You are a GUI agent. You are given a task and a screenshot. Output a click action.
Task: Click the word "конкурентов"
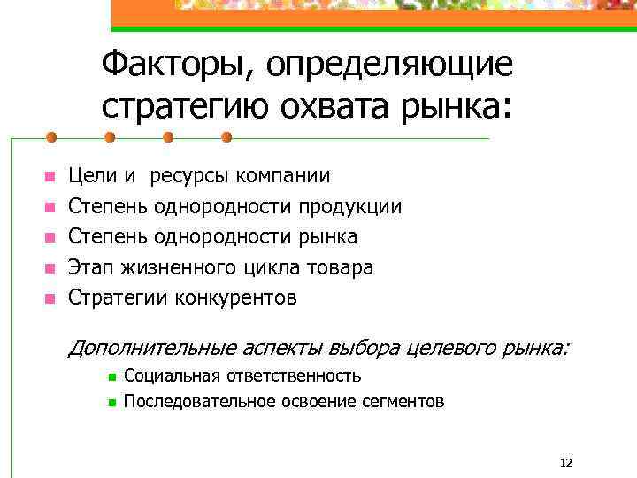click(237, 297)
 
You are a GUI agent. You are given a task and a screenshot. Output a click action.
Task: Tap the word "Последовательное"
click(200, 401)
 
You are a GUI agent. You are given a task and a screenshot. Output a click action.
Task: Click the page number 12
click(566, 462)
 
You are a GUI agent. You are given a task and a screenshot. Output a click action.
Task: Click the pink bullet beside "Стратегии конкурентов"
click(50, 297)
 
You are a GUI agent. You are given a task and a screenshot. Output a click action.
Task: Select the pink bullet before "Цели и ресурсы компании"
click(50, 177)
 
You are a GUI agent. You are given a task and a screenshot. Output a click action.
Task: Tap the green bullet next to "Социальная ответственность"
click(111, 377)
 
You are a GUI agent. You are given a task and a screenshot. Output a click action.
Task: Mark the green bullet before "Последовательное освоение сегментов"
click(111, 403)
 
